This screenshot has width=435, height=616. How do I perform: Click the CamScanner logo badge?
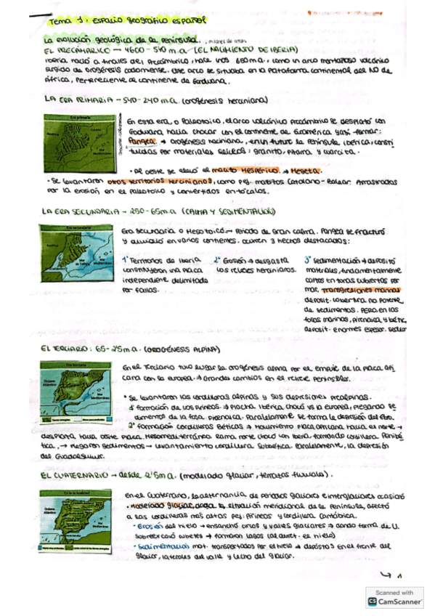click(x=395, y=596)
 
